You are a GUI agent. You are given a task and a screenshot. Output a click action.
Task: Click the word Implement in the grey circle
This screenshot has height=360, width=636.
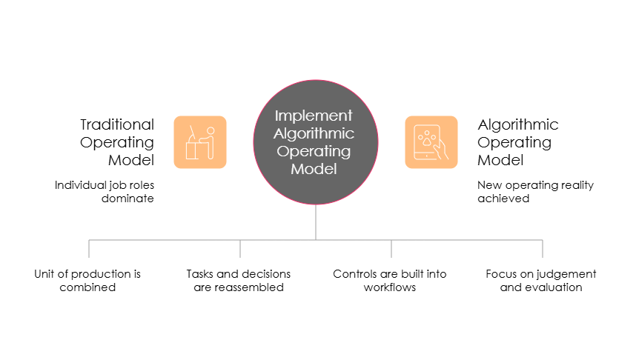pos(314,116)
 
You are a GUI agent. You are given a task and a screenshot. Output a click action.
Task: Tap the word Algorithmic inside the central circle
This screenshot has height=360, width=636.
pos(314,133)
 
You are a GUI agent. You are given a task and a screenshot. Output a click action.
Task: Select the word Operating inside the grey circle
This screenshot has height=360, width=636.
pos(314,151)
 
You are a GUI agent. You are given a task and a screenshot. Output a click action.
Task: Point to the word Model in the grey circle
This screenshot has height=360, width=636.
pos(314,169)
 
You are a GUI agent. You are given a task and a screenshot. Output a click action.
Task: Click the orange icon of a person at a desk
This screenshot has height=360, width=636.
pos(200,142)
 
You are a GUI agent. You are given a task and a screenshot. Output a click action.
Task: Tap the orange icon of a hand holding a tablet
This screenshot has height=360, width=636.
pos(431,142)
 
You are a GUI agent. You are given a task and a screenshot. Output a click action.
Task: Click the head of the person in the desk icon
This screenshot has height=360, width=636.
pos(210,130)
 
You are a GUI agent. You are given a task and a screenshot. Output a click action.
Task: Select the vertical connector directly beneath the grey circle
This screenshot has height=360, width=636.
pos(316,221)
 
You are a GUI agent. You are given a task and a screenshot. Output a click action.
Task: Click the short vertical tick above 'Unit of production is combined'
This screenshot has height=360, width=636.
pos(89,249)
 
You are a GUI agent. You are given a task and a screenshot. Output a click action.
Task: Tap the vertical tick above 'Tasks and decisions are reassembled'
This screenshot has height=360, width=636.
pos(240,249)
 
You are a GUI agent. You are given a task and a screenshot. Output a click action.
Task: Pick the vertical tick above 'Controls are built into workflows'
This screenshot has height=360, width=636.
pos(391,249)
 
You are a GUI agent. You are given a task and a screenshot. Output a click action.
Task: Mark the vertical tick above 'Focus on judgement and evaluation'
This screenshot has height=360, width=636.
pos(543,249)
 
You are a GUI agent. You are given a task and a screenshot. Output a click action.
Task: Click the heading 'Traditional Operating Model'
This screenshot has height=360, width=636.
pos(119,142)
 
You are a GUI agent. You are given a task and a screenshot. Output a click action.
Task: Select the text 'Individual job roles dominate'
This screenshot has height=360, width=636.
pos(105,191)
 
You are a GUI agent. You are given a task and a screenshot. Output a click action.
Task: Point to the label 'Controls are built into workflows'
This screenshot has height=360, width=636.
pos(391,280)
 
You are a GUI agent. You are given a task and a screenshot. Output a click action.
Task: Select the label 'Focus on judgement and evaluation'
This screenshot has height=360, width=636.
pos(541,280)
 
